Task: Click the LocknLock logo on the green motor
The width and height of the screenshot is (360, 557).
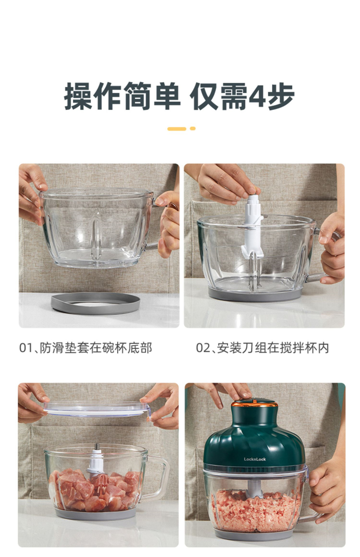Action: [255, 459]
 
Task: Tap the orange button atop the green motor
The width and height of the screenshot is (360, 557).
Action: [254, 403]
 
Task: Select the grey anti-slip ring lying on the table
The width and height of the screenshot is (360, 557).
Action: [95, 303]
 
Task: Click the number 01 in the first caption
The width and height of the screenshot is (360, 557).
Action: [25, 348]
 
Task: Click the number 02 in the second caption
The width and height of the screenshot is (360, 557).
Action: [203, 348]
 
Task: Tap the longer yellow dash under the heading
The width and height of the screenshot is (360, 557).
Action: [177, 129]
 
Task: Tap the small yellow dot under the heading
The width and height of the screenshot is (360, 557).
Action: [192, 129]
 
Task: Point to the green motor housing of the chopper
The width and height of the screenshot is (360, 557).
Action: [254, 438]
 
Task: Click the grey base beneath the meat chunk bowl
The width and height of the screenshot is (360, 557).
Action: [96, 514]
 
